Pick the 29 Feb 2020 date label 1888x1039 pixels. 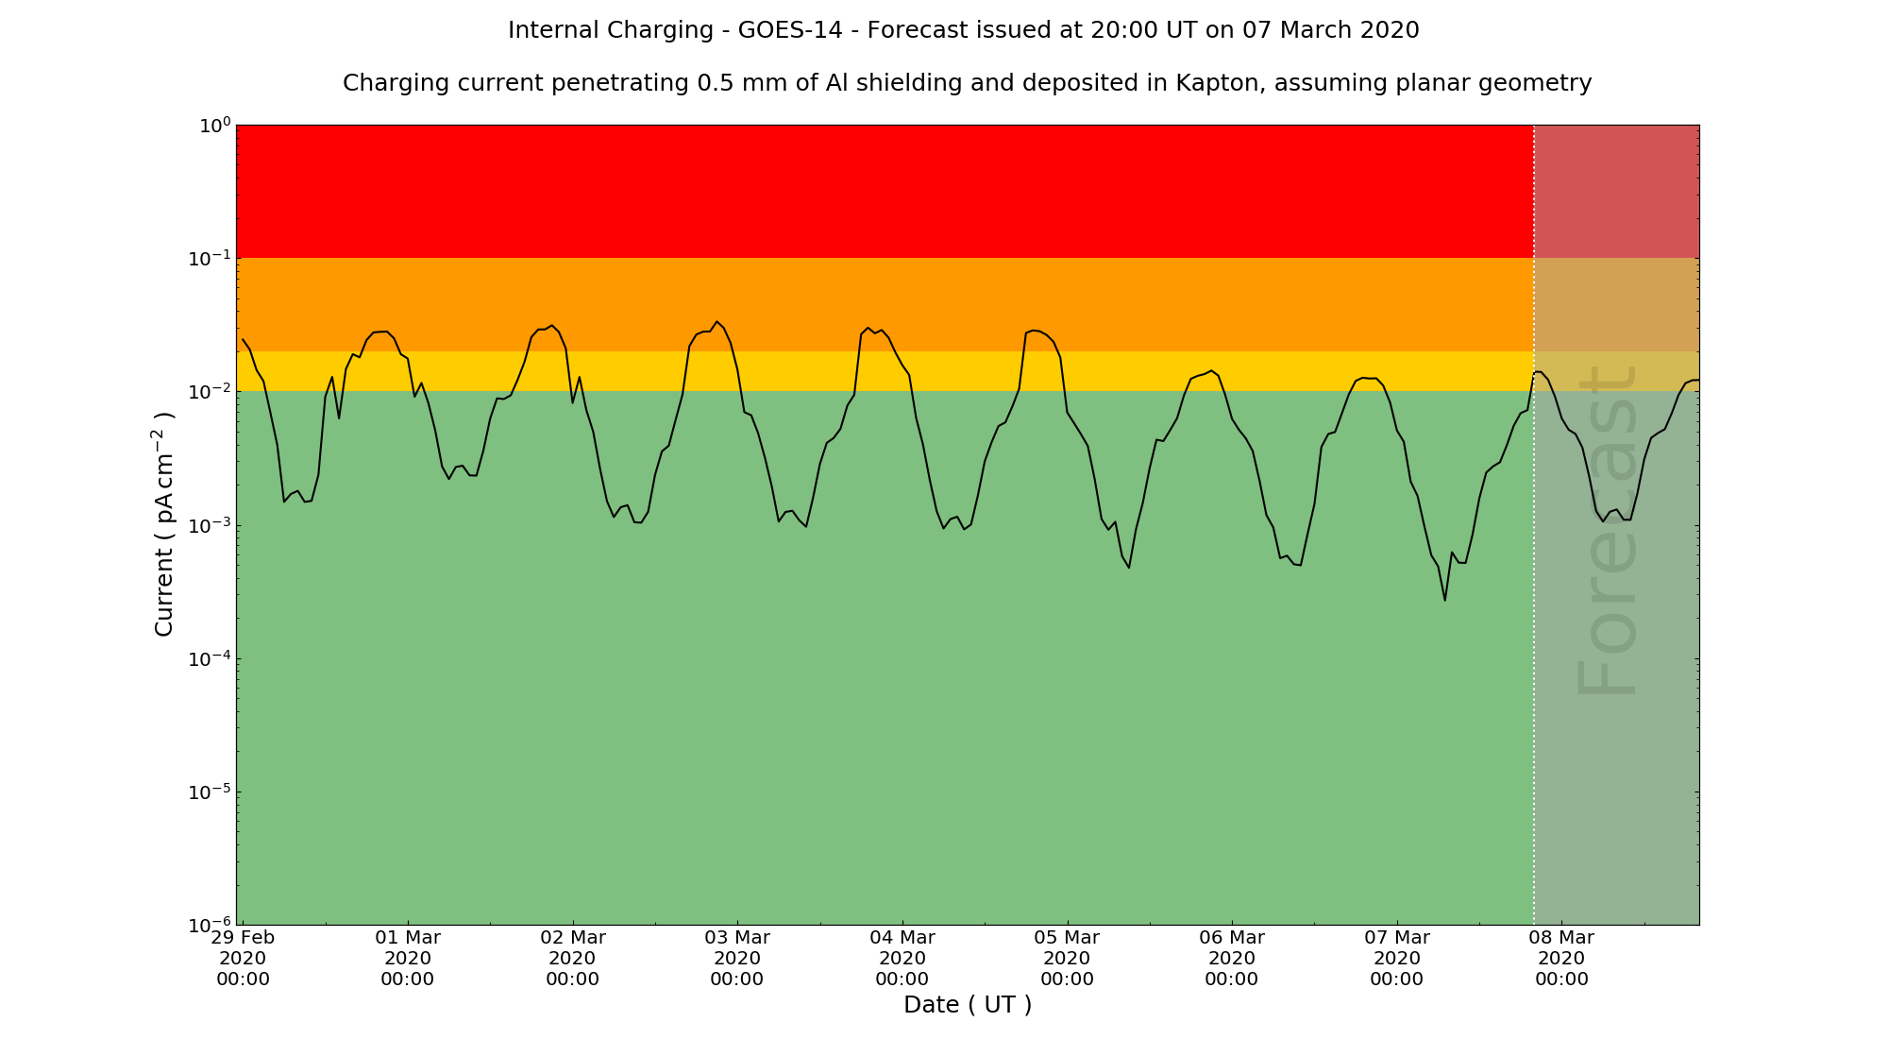[243, 958]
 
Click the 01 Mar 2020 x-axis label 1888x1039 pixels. [408, 958]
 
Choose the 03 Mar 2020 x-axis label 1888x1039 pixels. [737, 958]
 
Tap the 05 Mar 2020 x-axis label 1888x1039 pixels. [1067, 958]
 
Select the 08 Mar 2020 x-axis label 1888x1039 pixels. [1561, 958]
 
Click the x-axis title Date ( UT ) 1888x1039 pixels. [968, 1005]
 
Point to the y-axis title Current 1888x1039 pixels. [164, 524]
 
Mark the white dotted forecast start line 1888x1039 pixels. [1534, 661]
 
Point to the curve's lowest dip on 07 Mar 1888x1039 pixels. [1444, 600]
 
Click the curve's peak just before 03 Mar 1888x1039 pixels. [717, 322]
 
